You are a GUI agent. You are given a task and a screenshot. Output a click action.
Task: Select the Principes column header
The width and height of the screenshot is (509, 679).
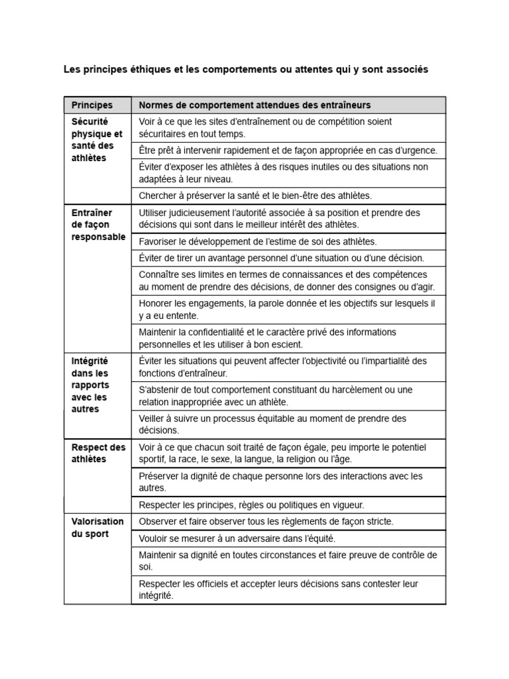pyautogui.click(x=92, y=105)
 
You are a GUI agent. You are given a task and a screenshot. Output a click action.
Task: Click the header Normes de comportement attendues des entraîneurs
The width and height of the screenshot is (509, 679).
pyautogui.click(x=254, y=105)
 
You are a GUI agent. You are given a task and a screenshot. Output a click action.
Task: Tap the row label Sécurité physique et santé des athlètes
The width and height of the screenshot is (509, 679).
pyautogui.click(x=97, y=140)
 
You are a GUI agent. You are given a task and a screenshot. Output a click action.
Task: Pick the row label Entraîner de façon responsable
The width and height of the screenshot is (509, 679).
pyautogui.click(x=97, y=225)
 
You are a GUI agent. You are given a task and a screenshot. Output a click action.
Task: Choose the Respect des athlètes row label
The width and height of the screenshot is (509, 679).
pyautogui.click(x=97, y=453)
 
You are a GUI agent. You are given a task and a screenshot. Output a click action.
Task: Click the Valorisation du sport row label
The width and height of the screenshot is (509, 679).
pyautogui.click(x=97, y=528)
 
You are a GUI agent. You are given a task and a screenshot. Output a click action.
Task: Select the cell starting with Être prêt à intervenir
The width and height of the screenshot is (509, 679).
pyautogui.click(x=288, y=151)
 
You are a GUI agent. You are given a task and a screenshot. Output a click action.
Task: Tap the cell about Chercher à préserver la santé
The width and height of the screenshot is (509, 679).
pyautogui.click(x=255, y=196)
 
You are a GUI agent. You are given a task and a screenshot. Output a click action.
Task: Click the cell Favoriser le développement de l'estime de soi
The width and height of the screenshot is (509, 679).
pyautogui.click(x=258, y=242)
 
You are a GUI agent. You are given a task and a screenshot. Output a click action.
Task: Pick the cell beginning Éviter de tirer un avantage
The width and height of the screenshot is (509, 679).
pyautogui.click(x=281, y=258)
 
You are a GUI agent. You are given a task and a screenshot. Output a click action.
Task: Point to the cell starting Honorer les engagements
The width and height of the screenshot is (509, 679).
pyautogui.click(x=286, y=309)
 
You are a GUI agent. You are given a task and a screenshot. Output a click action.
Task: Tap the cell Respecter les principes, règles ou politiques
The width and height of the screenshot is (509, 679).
pyautogui.click(x=251, y=505)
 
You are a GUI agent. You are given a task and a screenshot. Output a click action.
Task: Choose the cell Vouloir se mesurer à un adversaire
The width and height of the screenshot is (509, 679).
pyautogui.click(x=241, y=538)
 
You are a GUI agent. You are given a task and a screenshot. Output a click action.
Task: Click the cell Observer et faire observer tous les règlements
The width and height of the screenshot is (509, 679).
pyautogui.click(x=266, y=521)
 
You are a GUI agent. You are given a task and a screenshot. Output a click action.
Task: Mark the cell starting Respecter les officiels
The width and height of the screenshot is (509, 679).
pyautogui.click(x=278, y=589)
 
